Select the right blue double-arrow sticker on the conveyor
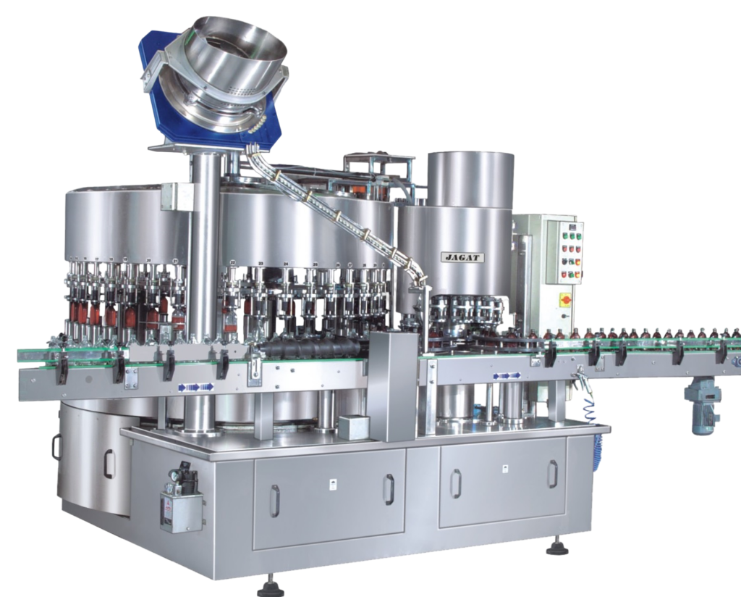coord(507,375)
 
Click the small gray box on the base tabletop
coord(354,425)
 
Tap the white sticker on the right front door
coord(500,468)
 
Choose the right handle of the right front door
coord(552,474)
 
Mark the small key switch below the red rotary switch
coord(564,314)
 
